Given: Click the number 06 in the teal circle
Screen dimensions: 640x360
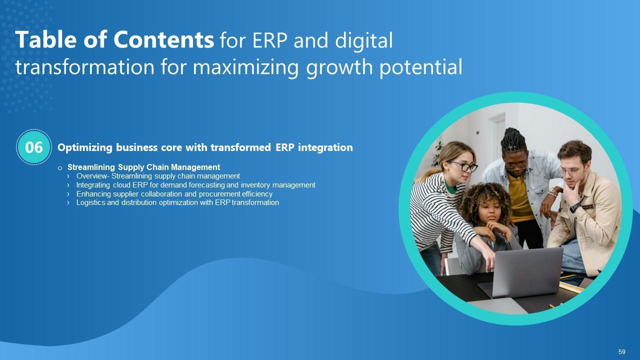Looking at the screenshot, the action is click(x=33, y=147).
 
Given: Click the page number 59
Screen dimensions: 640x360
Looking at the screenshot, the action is click(x=621, y=351).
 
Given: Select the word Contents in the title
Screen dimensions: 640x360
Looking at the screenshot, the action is click(x=163, y=39).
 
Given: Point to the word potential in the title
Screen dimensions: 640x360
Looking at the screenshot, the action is click(x=421, y=67).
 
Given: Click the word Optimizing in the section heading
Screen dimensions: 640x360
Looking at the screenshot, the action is click(x=85, y=147).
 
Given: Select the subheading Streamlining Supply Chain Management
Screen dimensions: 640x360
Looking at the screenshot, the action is click(x=143, y=167).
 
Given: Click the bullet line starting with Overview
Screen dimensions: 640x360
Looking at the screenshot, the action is click(x=158, y=176).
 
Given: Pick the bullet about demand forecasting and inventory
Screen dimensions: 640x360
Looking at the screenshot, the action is click(x=195, y=185).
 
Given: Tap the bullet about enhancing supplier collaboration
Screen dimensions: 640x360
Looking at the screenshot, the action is click(x=174, y=194).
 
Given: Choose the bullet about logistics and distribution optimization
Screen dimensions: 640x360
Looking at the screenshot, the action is click(x=177, y=202).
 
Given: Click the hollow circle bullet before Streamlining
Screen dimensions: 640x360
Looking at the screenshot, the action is click(x=59, y=168).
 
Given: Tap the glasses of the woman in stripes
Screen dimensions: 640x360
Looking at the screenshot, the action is click(x=463, y=166).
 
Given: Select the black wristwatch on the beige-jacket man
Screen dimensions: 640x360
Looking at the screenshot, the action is click(x=575, y=207).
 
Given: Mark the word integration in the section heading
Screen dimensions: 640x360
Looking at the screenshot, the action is click(x=325, y=147).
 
